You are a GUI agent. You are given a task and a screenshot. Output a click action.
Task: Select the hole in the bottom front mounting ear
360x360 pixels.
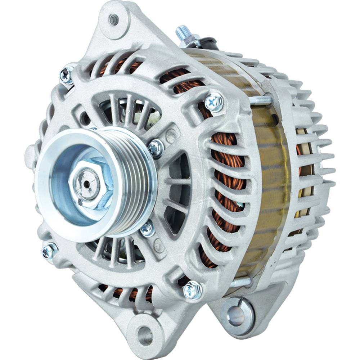click(145, 331)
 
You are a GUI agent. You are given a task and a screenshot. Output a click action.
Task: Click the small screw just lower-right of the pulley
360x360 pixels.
click(148, 228)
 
